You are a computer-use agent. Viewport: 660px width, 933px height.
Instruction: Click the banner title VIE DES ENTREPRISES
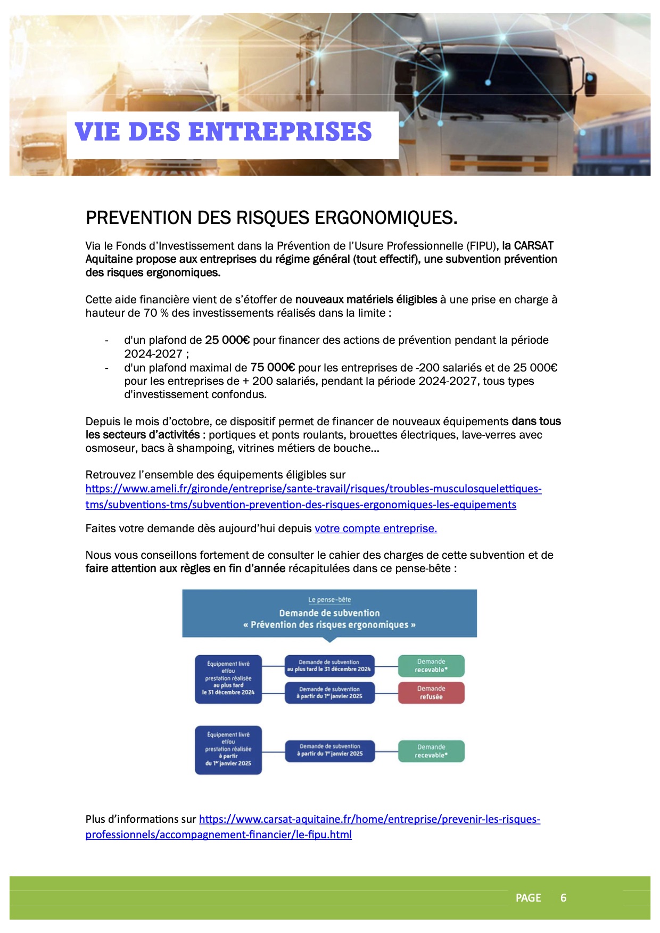point(223,132)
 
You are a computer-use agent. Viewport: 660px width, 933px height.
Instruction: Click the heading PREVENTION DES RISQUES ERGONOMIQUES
point(271,218)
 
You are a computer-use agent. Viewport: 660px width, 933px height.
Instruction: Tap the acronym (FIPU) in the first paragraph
point(483,246)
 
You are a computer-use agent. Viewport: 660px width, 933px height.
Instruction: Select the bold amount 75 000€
point(273,367)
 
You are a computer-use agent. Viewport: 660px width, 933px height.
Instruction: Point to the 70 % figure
point(156,313)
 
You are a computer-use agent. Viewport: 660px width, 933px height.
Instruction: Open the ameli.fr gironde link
point(313,489)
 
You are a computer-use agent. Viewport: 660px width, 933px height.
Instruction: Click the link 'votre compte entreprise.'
point(376,529)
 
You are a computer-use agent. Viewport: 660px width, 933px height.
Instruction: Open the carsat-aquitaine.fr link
point(369,820)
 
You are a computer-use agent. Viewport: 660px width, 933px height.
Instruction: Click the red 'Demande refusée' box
point(431,692)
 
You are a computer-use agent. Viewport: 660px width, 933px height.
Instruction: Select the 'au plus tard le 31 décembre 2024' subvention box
point(329,666)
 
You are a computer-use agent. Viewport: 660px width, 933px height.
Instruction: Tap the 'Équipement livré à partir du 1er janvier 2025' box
point(228,749)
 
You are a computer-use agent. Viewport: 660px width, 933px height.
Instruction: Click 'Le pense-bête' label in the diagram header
point(329,600)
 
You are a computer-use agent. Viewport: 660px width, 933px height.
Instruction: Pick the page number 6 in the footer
point(563,898)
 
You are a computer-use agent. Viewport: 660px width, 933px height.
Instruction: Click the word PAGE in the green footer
point(528,898)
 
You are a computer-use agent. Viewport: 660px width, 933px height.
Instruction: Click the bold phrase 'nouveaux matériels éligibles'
point(366,300)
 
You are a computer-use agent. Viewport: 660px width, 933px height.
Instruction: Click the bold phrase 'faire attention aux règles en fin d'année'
point(185,568)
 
